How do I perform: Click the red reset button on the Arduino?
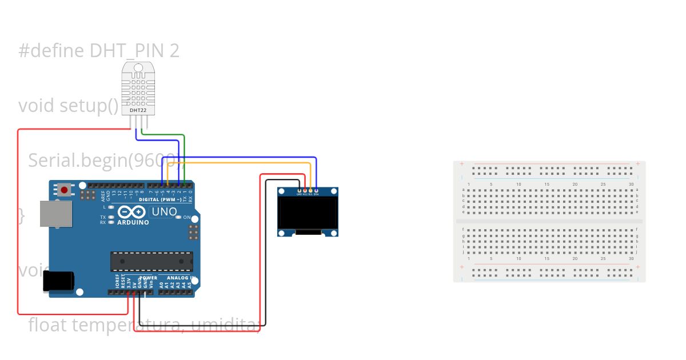coord(65,190)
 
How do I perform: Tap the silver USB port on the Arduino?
coord(55,213)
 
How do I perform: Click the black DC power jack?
coord(58,281)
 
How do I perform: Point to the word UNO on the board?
coord(163,212)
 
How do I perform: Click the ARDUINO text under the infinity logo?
coord(133,223)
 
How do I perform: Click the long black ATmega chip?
coord(151,261)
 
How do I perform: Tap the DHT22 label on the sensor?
coord(137,110)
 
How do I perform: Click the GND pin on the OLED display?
coord(299,190)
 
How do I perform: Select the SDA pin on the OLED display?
coord(316,190)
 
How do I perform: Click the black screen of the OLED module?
coord(308,212)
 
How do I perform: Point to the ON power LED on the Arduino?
coord(179,217)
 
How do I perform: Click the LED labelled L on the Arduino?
coord(111,207)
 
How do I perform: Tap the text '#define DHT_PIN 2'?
coord(99,51)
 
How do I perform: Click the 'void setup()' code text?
coord(69,106)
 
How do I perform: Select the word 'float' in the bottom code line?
coord(47,325)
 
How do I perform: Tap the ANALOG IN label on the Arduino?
coord(181,278)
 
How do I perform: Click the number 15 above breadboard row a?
coord(547,184)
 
